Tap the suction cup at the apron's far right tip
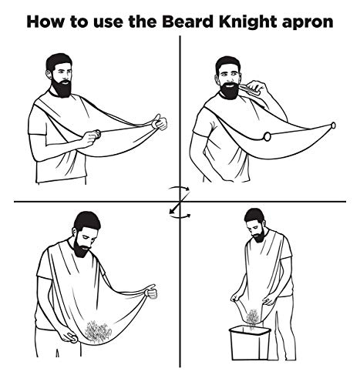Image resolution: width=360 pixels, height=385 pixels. (x=332, y=126)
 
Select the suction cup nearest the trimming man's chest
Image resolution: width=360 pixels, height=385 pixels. (x=266, y=137)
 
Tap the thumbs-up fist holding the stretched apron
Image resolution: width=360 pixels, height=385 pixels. (x=158, y=122)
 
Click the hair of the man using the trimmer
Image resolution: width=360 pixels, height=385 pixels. (x=228, y=63)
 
